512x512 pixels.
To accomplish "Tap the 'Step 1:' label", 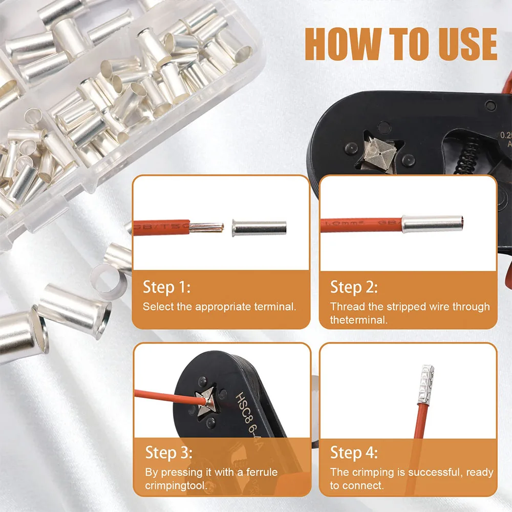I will pyautogui.click(x=166, y=287).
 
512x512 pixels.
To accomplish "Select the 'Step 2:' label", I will pyautogui.click(x=354, y=287).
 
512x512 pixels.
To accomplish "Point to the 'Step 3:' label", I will pyautogui.click(x=169, y=453).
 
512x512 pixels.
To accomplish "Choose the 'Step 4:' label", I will pyautogui.click(x=354, y=453).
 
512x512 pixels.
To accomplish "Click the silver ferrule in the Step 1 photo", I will pyautogui.click(x=259, y=227).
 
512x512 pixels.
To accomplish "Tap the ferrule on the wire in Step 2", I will pyautogui.click(x=433, y=224).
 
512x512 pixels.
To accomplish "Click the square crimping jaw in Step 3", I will pyautogui.click(x=207, y=400).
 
